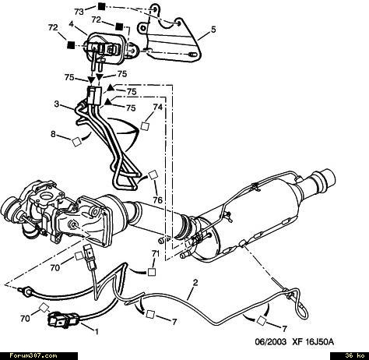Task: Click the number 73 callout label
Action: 79,12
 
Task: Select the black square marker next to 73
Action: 101,6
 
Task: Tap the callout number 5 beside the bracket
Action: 213,30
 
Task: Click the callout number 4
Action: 72,24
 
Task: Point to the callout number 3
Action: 57,104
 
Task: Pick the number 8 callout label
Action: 53,134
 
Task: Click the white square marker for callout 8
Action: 77,142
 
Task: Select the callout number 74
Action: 157,107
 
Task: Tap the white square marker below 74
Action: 145,126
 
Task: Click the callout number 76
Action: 157,200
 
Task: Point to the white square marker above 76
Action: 153,175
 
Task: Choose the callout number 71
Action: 155,253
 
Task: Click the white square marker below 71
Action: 152,272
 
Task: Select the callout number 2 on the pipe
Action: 195,282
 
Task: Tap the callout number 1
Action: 97,332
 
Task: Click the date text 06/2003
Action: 271,342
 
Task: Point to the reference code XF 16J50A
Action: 313,342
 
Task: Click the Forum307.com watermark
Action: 33,355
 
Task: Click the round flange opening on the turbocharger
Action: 47,196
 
